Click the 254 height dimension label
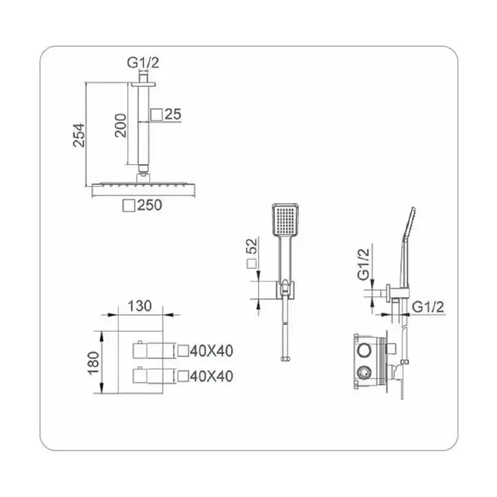[x=79, y=135]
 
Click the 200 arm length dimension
[x=121, y=125]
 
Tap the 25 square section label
[x=173, y=114]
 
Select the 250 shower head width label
[x=150, y=205]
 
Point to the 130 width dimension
[x=140, y=306]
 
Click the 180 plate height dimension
[x=94, y=363]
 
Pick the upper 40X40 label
[x=212, y=351]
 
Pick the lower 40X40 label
[x=212, y=376]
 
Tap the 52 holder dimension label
[x=253, y=246]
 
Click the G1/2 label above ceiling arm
[x=143, y=63]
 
